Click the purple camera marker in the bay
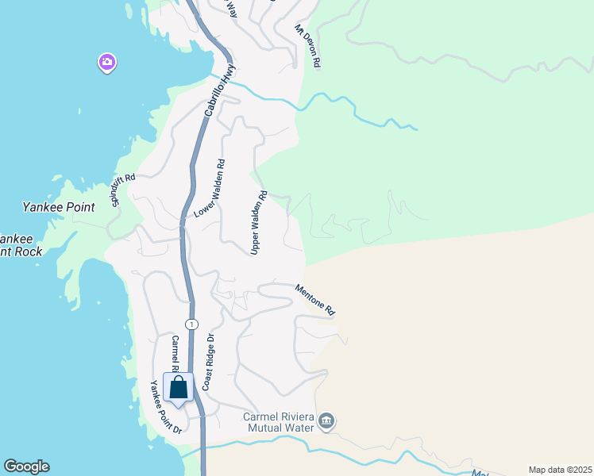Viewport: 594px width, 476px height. (107, 62)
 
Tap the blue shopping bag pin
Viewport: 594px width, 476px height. (178, 388)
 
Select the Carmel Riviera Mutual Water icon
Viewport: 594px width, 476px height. (326, 420)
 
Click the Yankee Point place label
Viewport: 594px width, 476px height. (59, 207)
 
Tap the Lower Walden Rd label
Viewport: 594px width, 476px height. (210, 189)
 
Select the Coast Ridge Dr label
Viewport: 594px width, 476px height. (209, 361)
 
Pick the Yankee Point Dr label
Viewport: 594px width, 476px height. (167, 407)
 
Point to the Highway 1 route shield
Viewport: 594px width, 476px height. (191, 324)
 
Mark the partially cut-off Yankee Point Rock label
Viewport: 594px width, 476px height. (19, 245)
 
